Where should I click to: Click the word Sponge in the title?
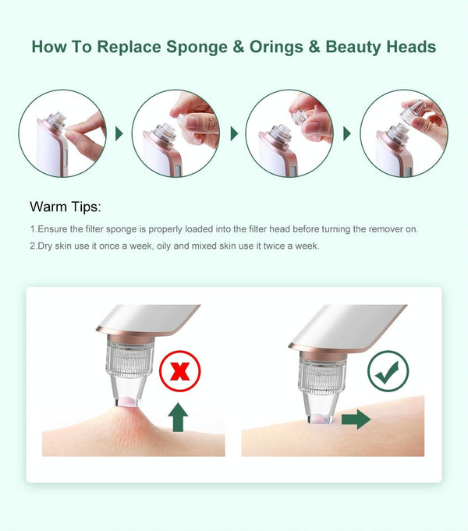(197, 48)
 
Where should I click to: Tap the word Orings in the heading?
(276, 48)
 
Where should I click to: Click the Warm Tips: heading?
(66, 207)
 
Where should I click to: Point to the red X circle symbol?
(180, 371)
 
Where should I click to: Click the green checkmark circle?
(388, 371)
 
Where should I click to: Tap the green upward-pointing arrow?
(179, 417)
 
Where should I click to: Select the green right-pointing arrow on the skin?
(356, 419)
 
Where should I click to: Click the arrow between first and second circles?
(119, 134)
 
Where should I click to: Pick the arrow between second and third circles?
(234, 134)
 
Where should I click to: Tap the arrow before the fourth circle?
(347, 134)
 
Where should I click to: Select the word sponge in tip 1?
(122, 229)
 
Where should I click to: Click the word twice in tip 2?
(274, 246)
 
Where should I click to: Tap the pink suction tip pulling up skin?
(127, 402)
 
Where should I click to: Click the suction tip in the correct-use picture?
(321, 419)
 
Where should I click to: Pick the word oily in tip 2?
(164, 246)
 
